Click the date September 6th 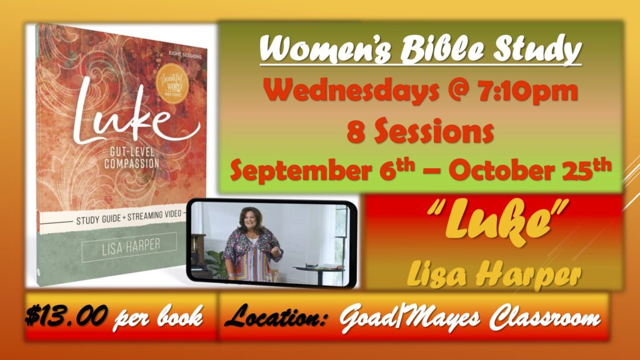(322, 169)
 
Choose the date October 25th (530, 169)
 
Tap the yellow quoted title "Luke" (497, 222)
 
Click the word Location (276, 316)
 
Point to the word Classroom (545, 317)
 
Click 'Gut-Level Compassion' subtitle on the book (131, 158)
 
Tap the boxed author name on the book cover (129, 247)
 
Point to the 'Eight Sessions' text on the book (185, 55)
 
